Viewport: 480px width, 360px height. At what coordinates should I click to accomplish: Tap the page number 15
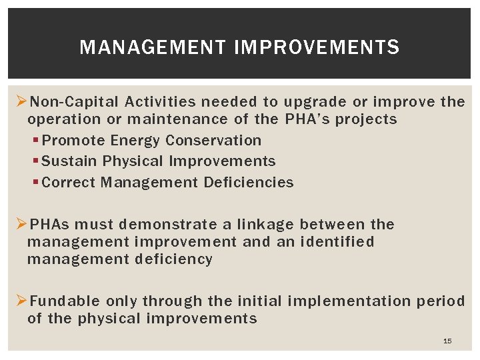[447, 341]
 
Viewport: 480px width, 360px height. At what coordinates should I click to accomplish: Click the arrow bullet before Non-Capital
[21, 102]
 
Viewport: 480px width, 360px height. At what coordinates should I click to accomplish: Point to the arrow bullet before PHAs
[21, 225]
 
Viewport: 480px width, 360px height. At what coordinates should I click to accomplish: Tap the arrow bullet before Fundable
[21, 301]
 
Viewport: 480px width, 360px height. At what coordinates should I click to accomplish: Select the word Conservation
[213, 141]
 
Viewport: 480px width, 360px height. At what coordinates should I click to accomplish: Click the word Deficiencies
[249, 183]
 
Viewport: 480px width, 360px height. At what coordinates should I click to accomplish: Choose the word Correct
[69, 183]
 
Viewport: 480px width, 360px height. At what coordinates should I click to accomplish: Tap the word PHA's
[307, 120]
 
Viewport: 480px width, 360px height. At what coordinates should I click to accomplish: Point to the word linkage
[265, 225]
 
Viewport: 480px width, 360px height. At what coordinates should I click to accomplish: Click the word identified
[338, 242]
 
